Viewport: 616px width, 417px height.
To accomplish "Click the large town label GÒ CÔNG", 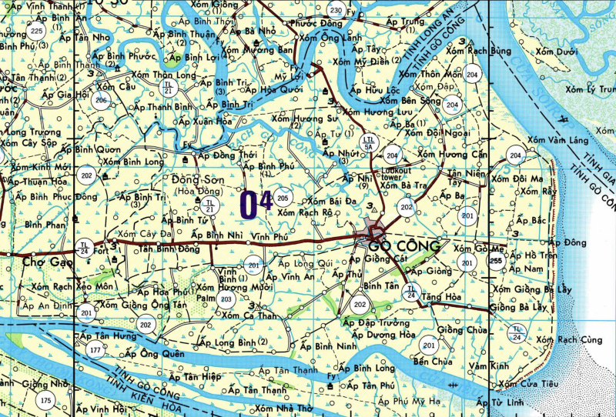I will point(405,247).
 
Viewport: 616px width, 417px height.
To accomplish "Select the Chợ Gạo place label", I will point(36,262).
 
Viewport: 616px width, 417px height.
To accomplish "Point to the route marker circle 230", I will point(335,10).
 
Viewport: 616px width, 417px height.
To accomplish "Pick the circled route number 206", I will point(101,100).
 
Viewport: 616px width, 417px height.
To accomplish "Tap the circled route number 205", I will point(283,197).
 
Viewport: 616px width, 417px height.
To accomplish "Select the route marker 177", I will point(95,351).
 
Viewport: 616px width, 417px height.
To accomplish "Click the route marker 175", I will point(45,400).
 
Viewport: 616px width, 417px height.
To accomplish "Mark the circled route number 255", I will point(495,262).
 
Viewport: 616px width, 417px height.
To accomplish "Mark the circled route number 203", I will point(226,299).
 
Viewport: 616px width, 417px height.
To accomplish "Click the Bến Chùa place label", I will point(430,360).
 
